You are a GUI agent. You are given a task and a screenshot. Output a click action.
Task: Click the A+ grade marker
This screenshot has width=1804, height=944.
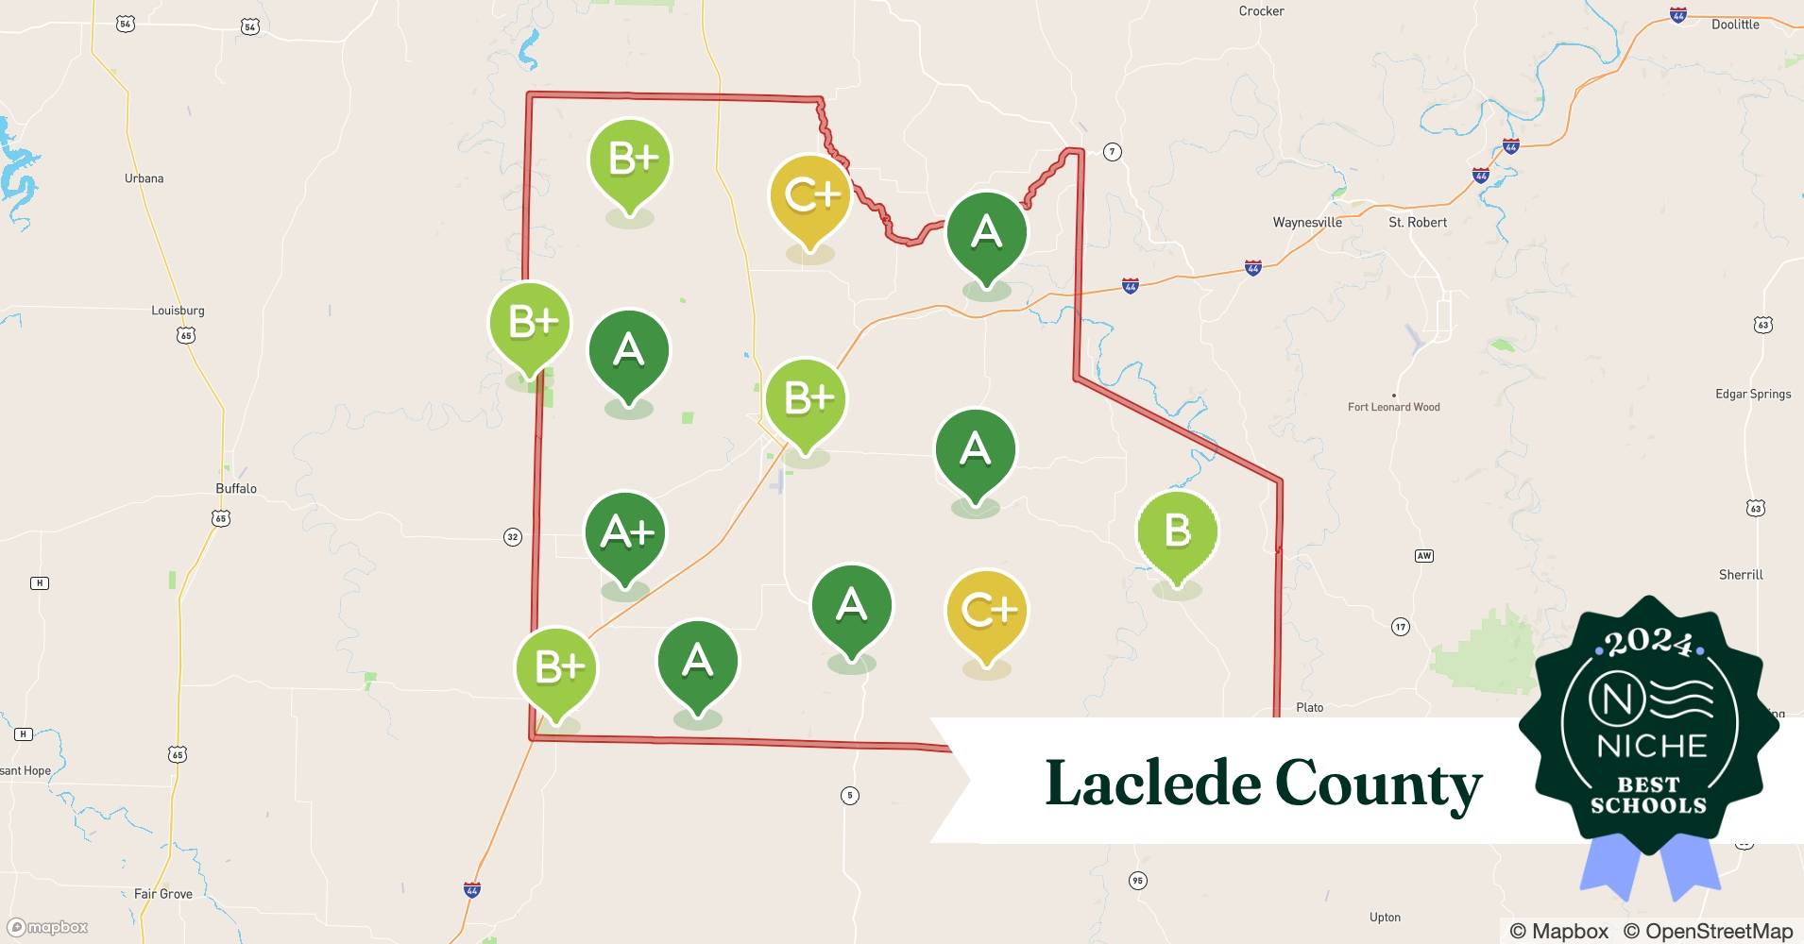pos(625,534)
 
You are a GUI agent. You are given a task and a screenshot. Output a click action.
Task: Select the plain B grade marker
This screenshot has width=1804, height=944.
pos(1177,531)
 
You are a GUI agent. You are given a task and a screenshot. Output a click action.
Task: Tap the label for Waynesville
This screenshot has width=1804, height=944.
pos(1307,223)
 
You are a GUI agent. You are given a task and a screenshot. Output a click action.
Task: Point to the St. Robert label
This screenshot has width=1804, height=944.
pos(1417,223)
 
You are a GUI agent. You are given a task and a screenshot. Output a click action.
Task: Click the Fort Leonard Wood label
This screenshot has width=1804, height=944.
pos(1393,407)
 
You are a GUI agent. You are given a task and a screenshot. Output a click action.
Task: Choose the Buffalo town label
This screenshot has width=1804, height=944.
pos(236,488)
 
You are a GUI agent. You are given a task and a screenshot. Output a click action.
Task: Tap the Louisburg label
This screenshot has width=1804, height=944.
pos(178,311)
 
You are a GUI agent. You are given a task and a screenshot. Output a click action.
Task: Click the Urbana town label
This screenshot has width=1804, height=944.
pos(144,178)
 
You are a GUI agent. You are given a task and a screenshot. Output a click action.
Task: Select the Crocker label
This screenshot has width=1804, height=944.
pos(1261,11)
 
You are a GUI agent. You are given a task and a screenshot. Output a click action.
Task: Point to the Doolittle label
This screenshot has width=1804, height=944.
pos(1735,25)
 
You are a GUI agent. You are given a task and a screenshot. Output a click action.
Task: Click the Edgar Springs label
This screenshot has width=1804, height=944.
pos(1753,394)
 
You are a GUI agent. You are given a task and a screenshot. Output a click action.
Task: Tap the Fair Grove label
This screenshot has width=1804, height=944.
pos(162,893)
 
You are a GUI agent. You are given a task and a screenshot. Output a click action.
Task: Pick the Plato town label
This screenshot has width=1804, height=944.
pos(1309,707)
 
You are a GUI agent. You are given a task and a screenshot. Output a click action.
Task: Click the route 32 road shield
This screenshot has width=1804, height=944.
pos(512,537)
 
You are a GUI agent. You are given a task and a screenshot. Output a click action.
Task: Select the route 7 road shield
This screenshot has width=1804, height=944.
pos(1113,152)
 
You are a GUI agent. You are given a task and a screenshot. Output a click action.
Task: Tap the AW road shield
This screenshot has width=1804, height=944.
pos(1423,555)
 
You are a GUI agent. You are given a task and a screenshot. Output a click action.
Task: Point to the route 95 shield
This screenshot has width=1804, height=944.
pos(1137,881)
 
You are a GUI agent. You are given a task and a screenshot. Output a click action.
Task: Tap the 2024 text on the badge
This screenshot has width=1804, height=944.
pos(1648,644)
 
